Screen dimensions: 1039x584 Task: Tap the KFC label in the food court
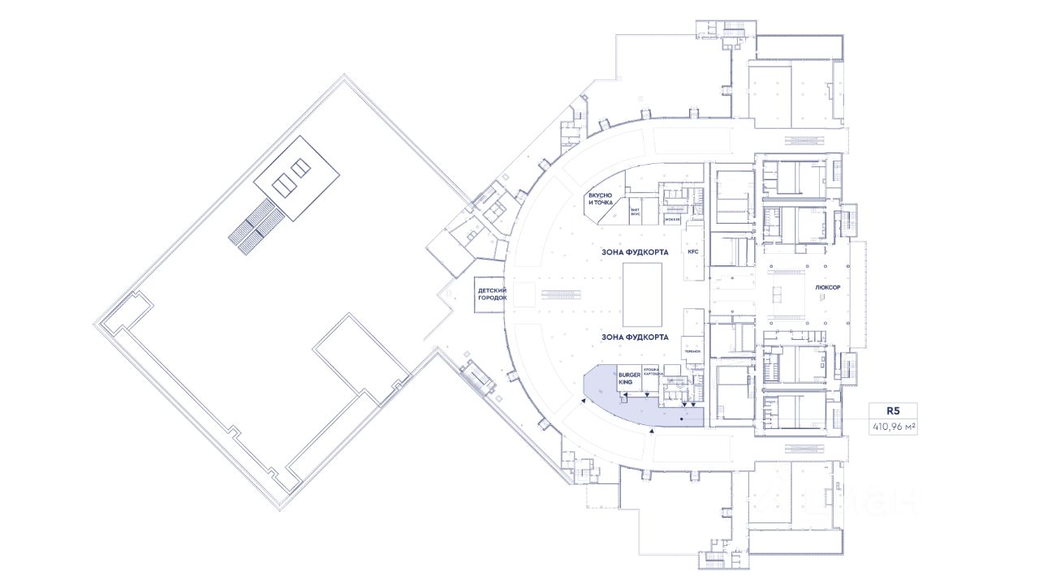[692, 252]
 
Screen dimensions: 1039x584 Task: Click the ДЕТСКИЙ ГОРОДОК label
[492, 294]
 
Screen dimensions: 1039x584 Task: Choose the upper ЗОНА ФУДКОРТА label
[635, 252]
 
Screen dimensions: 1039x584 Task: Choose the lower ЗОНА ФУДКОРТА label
[635, 336]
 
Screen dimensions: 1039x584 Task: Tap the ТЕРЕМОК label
[692, 351]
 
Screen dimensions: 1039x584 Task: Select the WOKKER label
[672, 220]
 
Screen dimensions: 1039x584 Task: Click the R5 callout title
[895, 411]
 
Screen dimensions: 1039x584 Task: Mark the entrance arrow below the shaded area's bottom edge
[650, 432]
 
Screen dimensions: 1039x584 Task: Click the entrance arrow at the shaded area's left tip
[584, 398]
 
